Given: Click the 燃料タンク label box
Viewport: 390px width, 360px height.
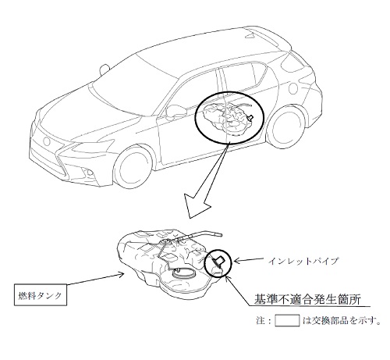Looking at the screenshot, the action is coord(41,294).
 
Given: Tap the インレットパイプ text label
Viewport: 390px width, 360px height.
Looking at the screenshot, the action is coord(303,261).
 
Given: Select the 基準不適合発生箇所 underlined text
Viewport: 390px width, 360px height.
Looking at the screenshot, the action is coord(307,299).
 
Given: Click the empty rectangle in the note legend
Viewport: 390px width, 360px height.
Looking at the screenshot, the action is coord(287,320).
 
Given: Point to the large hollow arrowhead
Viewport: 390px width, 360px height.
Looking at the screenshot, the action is coord(197,207).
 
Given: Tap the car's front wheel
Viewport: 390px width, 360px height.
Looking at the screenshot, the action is coord(133,167).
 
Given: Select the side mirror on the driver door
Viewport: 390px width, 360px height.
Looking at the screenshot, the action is coord(176,111).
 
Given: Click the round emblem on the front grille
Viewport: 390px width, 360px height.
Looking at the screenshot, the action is coord(47,141).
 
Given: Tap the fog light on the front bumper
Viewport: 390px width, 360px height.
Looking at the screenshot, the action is coord(88,172).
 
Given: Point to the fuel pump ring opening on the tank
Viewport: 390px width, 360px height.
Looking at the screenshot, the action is coord(183,273).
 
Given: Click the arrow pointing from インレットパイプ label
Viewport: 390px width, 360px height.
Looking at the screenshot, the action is coord(249,260).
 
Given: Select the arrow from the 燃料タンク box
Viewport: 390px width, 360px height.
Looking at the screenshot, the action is coord(95,279).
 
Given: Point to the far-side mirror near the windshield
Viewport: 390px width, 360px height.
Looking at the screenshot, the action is coord(104,69).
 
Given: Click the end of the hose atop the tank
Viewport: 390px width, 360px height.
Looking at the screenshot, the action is coord(220,235).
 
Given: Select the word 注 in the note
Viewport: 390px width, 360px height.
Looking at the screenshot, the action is coord(261,320).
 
